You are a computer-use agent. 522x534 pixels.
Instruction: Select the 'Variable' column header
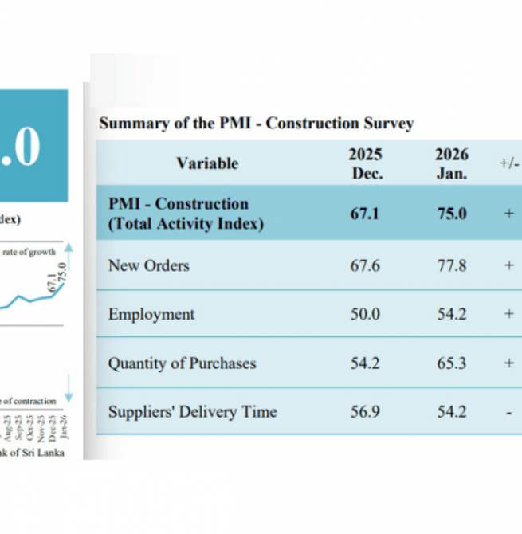click(207, 163)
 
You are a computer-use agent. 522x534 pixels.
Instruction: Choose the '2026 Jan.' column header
click(451, 163)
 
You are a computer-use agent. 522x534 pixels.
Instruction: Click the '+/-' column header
click(508, 163)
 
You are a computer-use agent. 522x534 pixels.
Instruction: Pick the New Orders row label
click(149, 265)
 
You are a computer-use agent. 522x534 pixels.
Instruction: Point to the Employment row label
click(151, 314)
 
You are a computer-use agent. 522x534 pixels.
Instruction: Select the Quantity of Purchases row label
click(182, 363)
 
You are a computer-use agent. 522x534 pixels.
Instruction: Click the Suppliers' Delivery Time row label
click(192, 412)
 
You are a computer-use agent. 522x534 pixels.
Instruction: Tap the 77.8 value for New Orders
click(451, 265)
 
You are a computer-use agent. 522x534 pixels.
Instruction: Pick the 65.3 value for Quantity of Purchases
click(451, 363)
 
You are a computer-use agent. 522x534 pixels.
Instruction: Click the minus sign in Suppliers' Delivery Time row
click(508, 412)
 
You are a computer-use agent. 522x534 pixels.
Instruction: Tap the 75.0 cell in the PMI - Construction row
click(451, 214)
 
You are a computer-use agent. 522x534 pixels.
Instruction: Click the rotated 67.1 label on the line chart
click(53, 284)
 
